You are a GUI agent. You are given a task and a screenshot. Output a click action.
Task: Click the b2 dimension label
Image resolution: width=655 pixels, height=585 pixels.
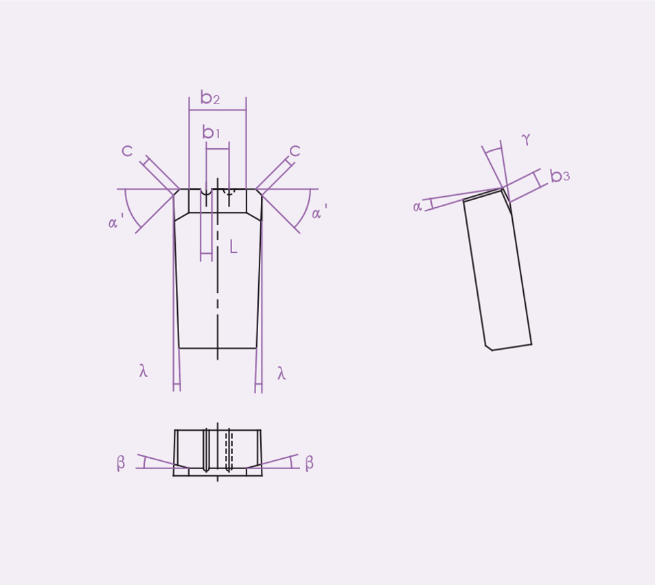[x=210, y=97]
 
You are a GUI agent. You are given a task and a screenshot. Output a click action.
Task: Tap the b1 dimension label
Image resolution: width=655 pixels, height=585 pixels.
[x=211, y=132]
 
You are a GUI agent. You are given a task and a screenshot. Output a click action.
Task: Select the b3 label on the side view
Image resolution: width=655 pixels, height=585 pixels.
[x=560, y=176]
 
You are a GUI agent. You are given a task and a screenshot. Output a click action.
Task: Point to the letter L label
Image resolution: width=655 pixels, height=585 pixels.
[x=233, y=247]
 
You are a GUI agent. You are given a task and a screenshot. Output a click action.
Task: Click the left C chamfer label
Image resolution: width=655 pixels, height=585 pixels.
[x=127, y=151]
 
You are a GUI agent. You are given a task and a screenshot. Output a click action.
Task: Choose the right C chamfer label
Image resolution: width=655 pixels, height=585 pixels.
[x=295, y=151]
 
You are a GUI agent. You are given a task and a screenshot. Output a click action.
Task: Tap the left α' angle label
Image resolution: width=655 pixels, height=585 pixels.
[x=116, y=221]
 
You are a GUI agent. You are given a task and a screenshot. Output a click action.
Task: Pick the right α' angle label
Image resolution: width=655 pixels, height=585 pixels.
[x=319, y=212]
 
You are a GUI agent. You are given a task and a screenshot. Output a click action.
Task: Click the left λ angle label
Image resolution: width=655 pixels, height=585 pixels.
[x=143, y=370]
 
